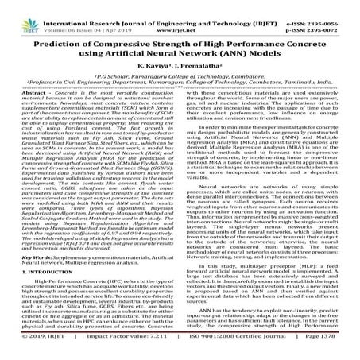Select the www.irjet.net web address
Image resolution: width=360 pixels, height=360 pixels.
click(180, 15)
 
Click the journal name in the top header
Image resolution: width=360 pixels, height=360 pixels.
click(180, 6)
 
